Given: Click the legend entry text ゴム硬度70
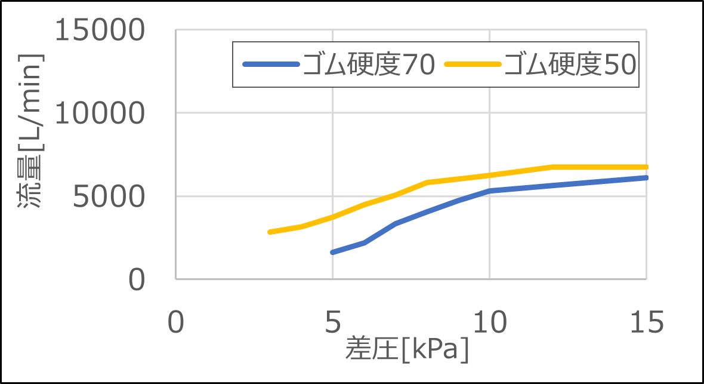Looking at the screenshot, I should point(368,64).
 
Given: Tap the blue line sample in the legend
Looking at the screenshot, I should point(270,64).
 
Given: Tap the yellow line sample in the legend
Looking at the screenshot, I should point(472,64).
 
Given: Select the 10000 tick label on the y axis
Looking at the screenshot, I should point(100,113).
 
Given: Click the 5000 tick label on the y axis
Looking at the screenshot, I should point(109,196).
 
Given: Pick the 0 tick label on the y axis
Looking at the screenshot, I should point(136,279).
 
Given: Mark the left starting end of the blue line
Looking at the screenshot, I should point(332,252).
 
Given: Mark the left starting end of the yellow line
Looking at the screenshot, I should point(270,232).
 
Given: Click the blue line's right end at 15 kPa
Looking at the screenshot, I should point(646,177).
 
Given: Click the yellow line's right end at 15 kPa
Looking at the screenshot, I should point(646,167).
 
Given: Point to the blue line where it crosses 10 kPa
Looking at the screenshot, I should point(489,191).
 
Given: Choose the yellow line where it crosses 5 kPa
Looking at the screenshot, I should point(332,217).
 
